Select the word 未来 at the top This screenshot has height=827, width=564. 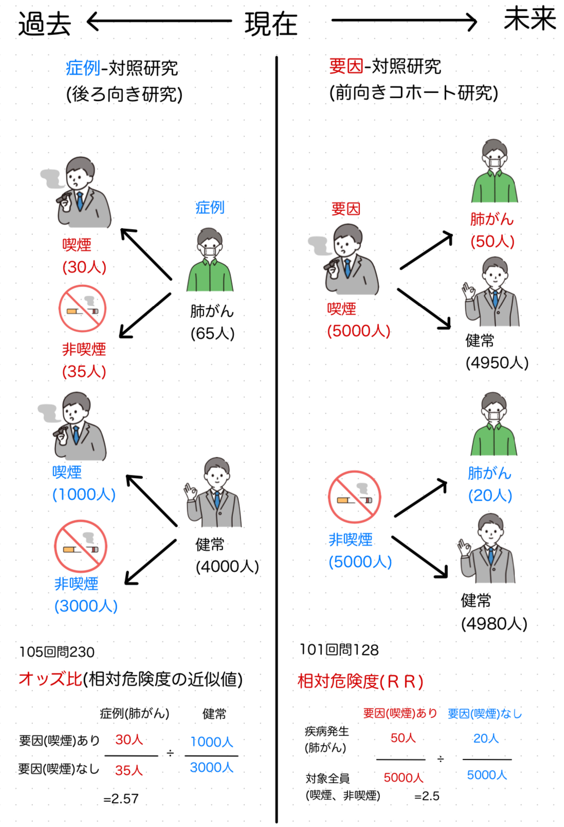pos(530,20)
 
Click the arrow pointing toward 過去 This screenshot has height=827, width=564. pos(159,22)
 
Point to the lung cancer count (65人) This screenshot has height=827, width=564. pos(212,333)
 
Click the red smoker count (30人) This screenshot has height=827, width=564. pos(84,267)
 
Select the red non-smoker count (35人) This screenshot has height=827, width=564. pos(84,371)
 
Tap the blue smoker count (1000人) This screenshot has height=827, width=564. pos(84,494)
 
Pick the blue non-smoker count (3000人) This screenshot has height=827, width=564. pos(86,606)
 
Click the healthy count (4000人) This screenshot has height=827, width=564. pos(227,566)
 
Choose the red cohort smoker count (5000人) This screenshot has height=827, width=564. pos(358,331)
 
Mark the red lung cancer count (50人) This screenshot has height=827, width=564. pos(492,241)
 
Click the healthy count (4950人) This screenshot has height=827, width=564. pos(497,363)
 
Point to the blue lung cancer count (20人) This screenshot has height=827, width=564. pos(490,495)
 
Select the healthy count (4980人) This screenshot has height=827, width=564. pos(494,623)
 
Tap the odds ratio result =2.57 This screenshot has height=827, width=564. pos(121,798)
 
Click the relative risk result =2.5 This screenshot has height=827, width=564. pos(427,796)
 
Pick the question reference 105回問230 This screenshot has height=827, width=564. pos(57,652)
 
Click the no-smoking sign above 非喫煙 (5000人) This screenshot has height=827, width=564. pos(354,497)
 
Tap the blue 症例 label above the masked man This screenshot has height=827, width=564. pos(210,207)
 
